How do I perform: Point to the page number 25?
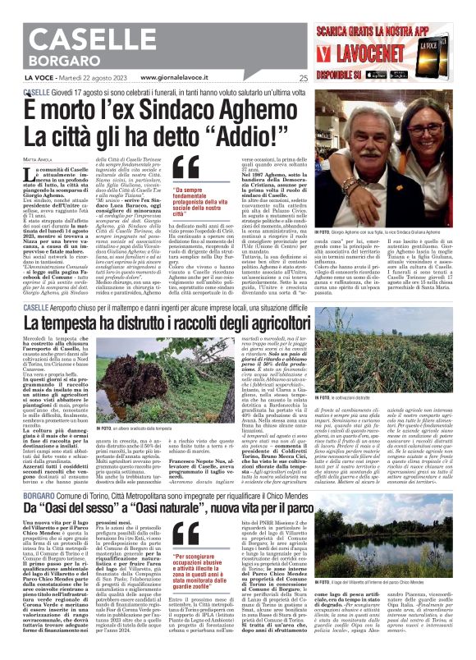click(304, 79)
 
